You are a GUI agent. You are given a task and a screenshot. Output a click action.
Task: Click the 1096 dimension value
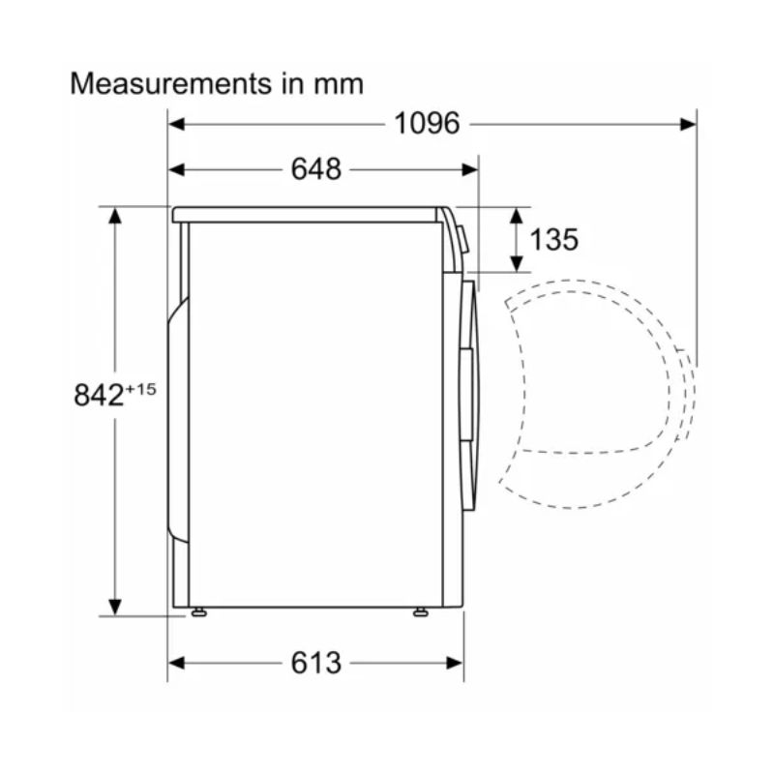coord(426,124)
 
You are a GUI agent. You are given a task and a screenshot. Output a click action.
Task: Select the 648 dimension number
coord(316,169)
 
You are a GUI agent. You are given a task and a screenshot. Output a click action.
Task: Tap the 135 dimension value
coord(554,239)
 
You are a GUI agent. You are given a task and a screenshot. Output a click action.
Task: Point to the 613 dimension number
coord(316,663)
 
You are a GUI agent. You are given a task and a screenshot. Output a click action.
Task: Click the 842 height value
coord(98,395)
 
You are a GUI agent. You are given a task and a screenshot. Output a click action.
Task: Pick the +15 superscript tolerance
coord(140,387)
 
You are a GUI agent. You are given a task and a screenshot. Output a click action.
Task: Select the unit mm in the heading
coord(339,84)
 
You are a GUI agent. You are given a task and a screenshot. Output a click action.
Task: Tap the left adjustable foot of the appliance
coord(197,611)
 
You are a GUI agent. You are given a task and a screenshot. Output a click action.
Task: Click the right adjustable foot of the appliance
coord(421,611)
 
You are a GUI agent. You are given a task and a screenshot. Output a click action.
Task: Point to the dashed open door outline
coord(590,397)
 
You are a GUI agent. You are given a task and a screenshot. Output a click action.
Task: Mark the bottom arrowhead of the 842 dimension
coord(115,607)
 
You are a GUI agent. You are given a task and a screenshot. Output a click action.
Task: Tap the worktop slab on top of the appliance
coord(305,215)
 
